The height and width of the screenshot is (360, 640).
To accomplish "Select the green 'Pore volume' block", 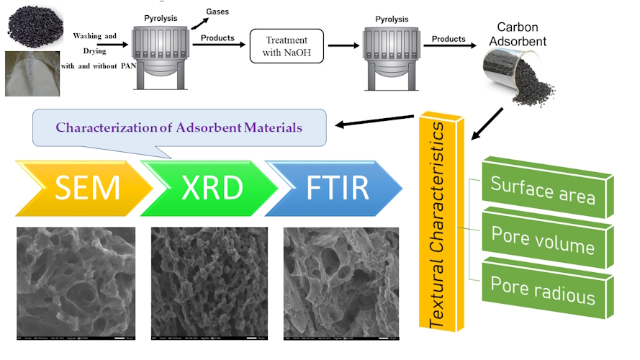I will pos(542,240).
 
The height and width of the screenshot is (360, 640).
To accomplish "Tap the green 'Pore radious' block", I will pos(542,289).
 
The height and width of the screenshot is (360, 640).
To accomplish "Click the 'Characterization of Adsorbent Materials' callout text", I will pos(179,127).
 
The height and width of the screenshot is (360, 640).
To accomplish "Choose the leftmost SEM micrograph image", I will pos(76,283).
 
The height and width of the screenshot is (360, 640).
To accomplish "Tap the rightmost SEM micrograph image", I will pos(340,283).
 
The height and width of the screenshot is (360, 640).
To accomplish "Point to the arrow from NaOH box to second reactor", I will pos(341,45).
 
